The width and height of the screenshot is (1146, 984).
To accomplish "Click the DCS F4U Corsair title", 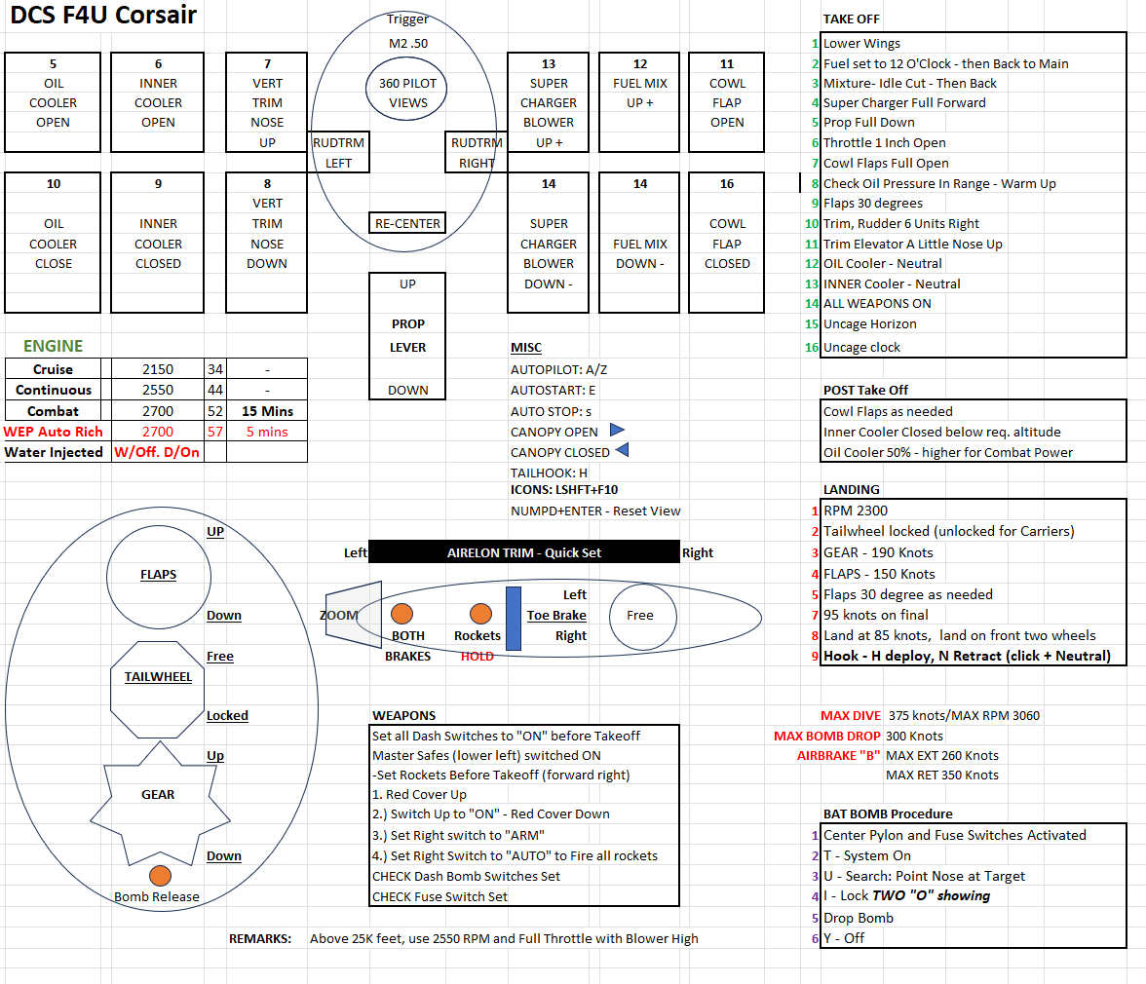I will [x=103, y=16].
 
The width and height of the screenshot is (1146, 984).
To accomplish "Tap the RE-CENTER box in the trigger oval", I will [x=407, y=223].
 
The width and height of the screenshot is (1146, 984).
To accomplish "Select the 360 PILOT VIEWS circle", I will [x=408, y=93].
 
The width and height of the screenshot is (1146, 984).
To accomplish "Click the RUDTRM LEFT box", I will [x=338, y=153].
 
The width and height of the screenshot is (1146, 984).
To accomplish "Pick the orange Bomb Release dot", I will [x=160, y=875].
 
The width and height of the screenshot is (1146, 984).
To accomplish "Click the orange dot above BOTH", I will [x=401, y=614].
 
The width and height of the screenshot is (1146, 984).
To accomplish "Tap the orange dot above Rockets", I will [x=479, y=614].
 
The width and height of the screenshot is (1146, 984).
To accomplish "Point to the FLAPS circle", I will [x=158, y=575].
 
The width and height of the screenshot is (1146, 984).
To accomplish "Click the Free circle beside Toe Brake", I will [x=640, y=615].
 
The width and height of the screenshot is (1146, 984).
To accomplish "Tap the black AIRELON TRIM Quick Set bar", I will [x=524, y=552].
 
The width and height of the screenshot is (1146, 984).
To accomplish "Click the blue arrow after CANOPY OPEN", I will [x=618, y=430].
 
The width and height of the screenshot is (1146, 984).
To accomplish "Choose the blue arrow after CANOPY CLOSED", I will [x=622, y=450].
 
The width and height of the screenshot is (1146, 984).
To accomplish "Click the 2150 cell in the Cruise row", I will [x=157, y=369].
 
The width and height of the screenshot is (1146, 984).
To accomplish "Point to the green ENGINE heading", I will [x=54, y=346].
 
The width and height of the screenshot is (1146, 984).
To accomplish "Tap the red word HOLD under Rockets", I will [x=477, y=656].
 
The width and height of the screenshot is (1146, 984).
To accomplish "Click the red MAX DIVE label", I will [x=851, y=715].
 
